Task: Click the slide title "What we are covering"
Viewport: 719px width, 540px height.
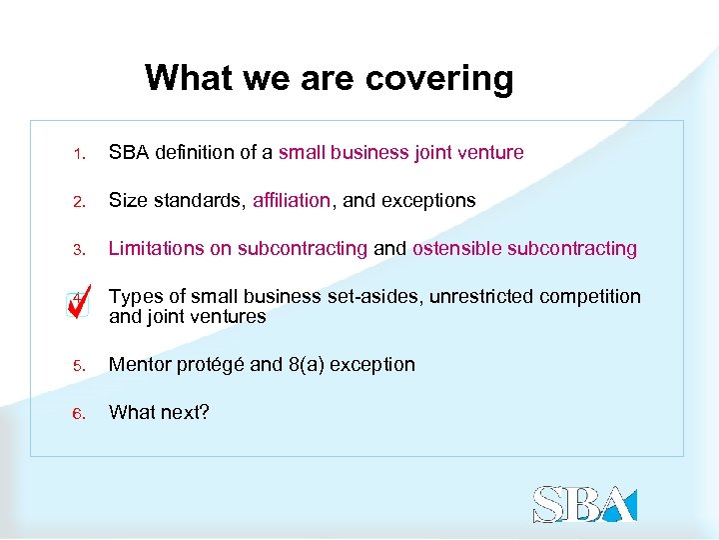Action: [x=329, y=77]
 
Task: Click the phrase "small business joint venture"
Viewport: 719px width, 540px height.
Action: [x=400, y=153]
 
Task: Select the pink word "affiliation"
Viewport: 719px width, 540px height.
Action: [x=291, y=201]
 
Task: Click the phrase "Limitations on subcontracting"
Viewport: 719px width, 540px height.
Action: [x=238, y=249]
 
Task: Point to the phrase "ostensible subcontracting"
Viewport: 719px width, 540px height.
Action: [x=524, y=249]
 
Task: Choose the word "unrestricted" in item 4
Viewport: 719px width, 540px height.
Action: [x=482, y=297]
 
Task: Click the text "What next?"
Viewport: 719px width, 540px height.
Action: [x=159, y=413]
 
